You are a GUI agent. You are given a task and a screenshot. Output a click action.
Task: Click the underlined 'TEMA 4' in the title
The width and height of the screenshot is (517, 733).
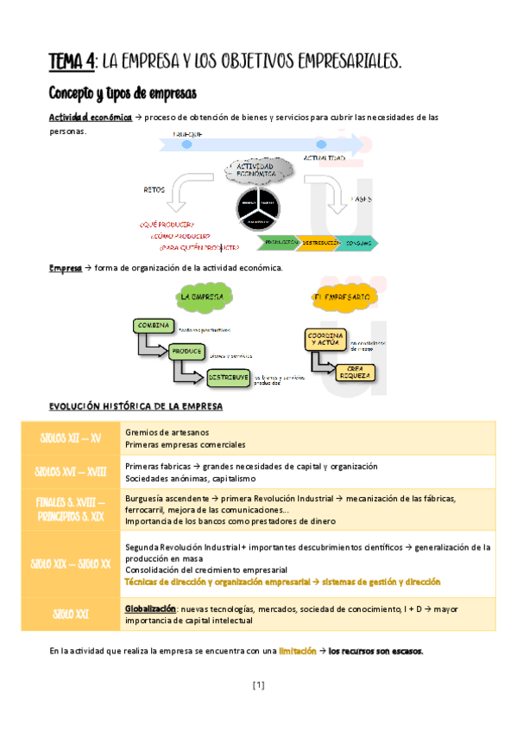73,61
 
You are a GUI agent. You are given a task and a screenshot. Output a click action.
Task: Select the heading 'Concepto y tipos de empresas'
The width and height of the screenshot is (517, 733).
123,92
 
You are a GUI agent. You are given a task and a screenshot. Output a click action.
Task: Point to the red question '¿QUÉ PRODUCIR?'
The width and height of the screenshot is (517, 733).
167,224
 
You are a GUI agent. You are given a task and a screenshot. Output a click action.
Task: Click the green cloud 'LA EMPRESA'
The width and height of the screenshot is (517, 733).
201,297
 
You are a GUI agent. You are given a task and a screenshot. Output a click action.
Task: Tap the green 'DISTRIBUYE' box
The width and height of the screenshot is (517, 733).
227,377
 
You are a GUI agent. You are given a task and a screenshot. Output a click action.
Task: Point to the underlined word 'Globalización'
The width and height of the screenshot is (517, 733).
150,609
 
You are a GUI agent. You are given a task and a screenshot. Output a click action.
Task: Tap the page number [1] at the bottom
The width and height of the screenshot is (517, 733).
258,685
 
